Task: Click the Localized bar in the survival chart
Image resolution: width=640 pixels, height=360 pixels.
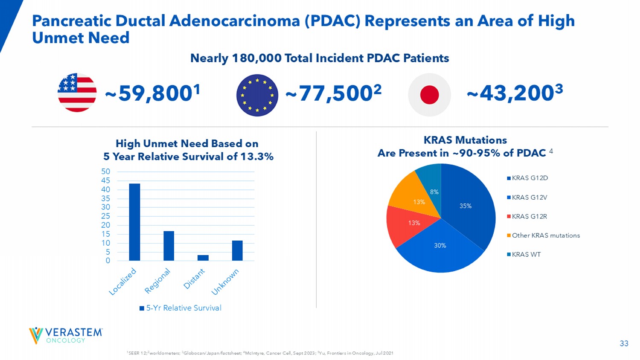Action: (134, 222)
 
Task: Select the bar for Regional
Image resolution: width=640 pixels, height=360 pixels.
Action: (169, 246)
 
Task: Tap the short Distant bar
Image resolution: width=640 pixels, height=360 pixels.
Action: (203, 258)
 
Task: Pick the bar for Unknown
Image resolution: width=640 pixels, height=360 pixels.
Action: (237, 250)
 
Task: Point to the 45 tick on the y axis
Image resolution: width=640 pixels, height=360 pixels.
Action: (106, 180)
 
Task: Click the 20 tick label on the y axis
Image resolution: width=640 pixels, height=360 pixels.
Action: (106, 225)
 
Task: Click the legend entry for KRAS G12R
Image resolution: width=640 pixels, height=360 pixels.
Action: (527, 217)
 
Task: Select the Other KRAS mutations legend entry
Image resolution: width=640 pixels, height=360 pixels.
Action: (543, 235)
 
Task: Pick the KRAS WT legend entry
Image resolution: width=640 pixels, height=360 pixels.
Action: (524, 255)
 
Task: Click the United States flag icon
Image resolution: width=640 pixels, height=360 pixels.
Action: (77, 93)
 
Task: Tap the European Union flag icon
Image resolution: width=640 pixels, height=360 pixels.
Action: (257, 95)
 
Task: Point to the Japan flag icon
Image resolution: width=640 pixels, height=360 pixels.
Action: (429, 95)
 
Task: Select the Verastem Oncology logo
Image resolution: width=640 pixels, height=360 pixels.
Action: (66, 336)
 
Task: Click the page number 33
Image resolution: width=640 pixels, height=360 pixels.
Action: (624, 343)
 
